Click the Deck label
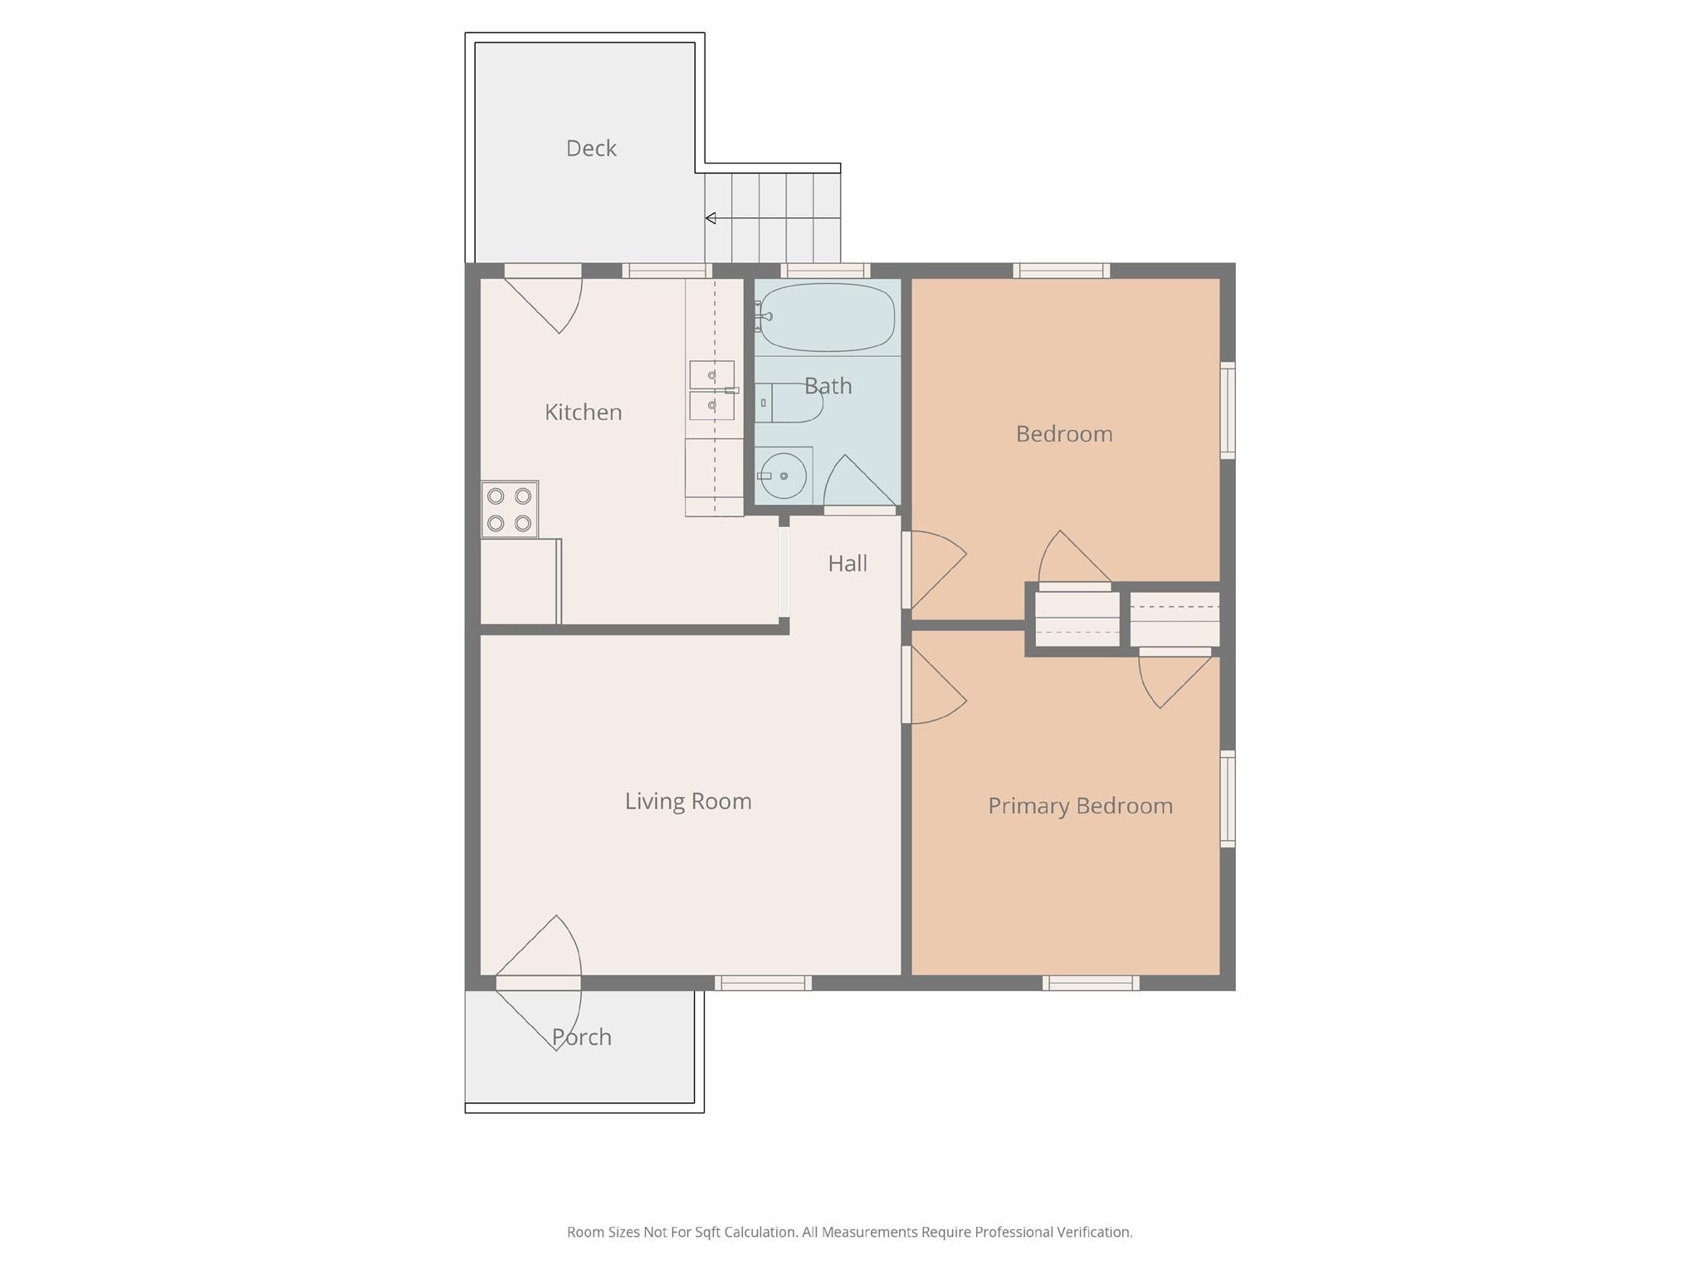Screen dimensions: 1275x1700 (591, 149)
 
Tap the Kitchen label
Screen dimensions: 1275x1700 (583, 413)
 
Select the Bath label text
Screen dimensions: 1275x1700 (828, 386)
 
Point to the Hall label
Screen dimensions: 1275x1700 (848, 564)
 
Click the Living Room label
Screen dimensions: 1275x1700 (688, 801)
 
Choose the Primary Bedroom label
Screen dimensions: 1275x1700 (1080, 806)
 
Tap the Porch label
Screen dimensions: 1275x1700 (581, 1038)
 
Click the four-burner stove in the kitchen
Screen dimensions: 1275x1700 (510, 510)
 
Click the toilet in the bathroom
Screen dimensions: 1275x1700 (793, 403)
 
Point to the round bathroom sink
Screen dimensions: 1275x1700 (784, 476)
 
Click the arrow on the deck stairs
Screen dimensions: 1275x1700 (711, 218)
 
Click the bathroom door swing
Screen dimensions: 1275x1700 (859, 484)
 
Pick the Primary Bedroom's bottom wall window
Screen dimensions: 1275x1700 (1091, 984)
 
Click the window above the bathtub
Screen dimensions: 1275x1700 (825, 271)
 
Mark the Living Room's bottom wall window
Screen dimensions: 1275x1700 (763, 984)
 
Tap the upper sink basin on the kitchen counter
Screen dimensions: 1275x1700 (711, 374)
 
